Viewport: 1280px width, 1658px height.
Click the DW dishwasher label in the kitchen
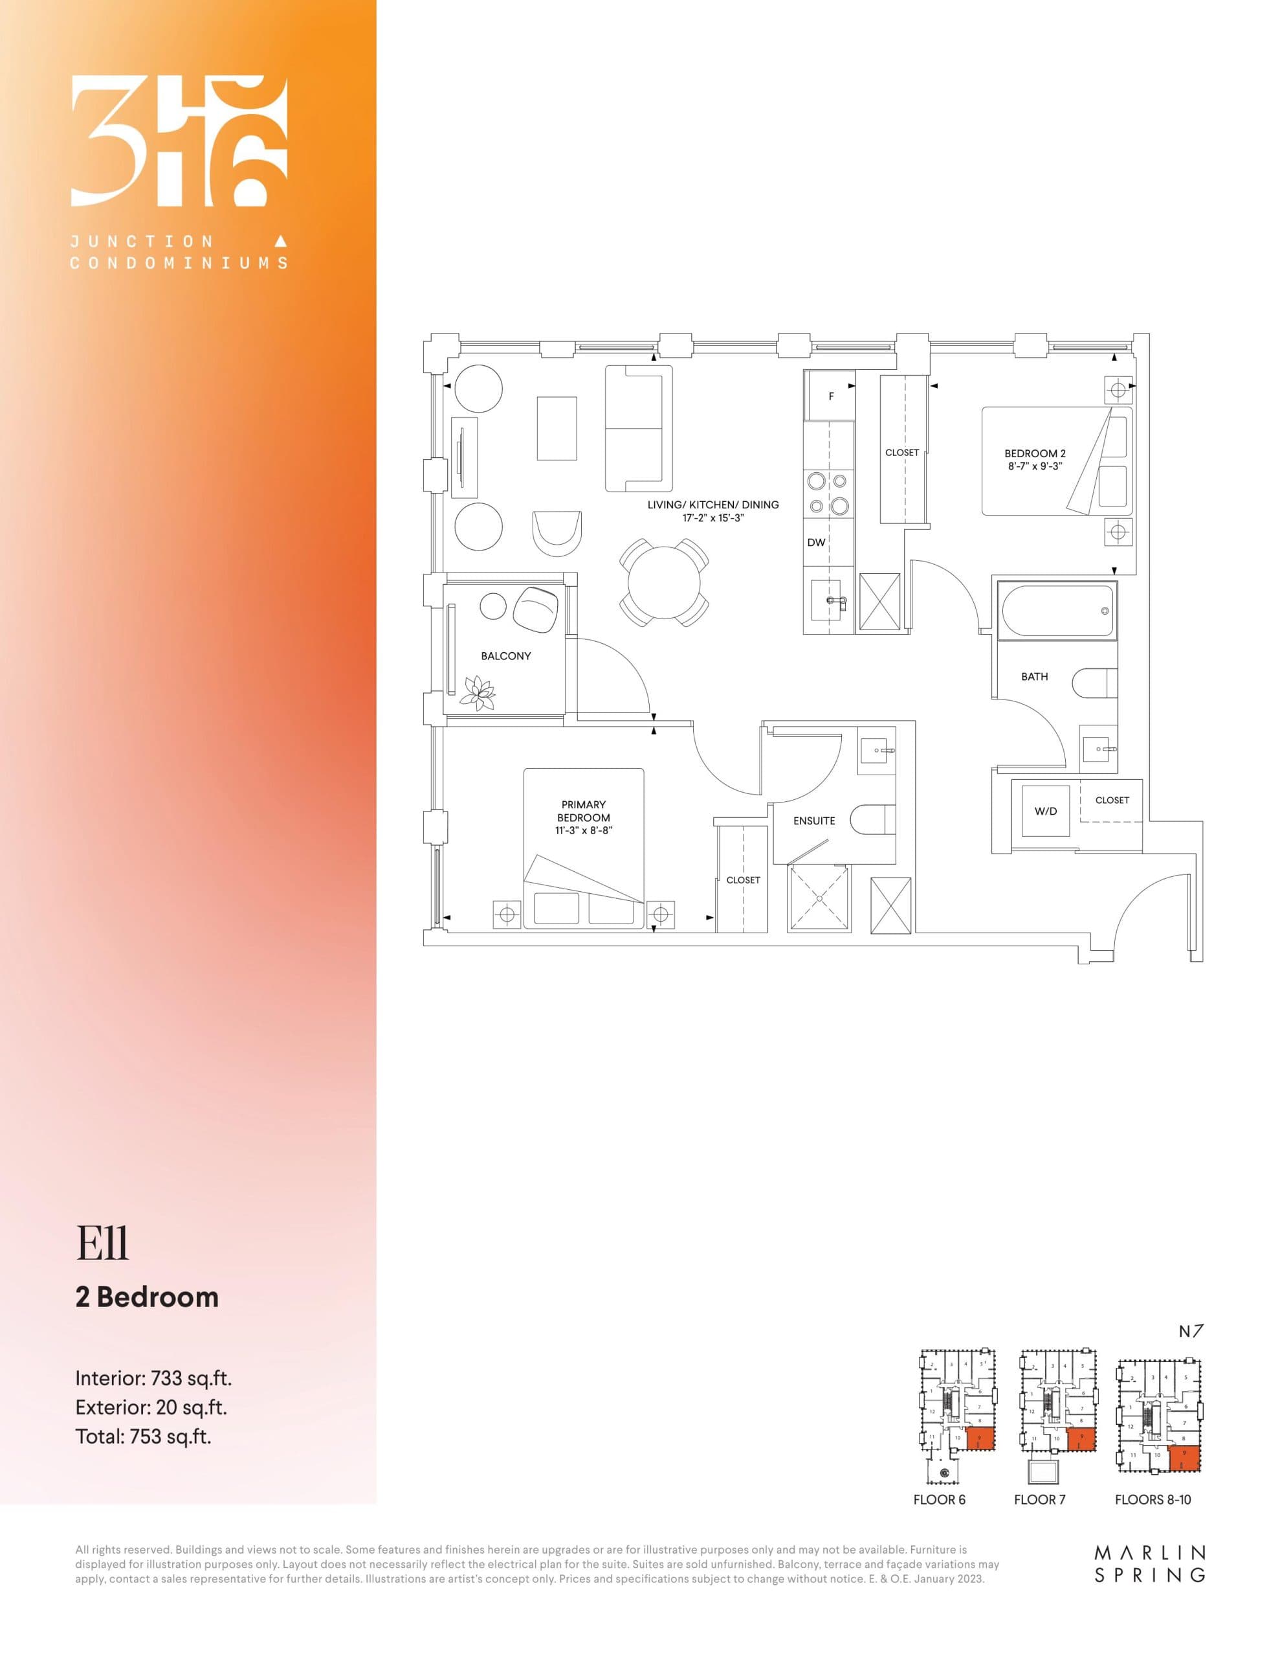(815, 542)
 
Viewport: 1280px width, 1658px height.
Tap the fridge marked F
(831, 396)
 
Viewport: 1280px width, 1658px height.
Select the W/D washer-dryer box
(1046, 811)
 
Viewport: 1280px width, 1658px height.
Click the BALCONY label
(505, 656)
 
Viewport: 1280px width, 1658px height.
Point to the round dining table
(665, 582)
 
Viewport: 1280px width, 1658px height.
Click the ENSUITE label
(814, 821)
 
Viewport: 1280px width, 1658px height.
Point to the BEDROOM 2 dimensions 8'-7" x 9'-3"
(1035, 466)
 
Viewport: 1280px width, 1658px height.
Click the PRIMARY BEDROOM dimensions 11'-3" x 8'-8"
(584, 830)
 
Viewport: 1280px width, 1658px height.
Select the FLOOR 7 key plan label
(1039, 1499)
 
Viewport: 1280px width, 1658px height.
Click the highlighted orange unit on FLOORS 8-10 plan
(1184, 1459)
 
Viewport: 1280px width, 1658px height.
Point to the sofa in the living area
(638, 428)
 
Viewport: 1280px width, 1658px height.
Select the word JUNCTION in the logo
(142, 242)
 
